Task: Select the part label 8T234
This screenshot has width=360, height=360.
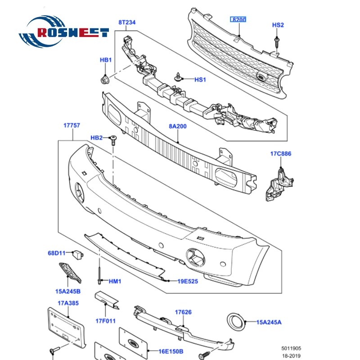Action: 127,22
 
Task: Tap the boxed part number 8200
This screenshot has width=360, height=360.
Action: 239,20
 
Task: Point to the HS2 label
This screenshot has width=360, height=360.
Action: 278,25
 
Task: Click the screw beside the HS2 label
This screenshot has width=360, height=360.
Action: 275,43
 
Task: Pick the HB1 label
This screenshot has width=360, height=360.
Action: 105,60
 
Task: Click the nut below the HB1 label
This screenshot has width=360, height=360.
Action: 104,80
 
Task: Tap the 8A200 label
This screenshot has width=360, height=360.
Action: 178,126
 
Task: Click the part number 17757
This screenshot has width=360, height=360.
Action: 71,126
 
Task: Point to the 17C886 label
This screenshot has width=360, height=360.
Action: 281,154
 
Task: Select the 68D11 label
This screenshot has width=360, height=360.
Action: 57,253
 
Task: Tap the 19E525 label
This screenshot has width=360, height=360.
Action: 188,281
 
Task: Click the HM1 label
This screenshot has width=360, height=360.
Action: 115,281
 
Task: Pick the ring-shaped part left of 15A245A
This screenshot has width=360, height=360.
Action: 235,321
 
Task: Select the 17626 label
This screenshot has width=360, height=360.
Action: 184,312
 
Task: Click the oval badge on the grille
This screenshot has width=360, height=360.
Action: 260,77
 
